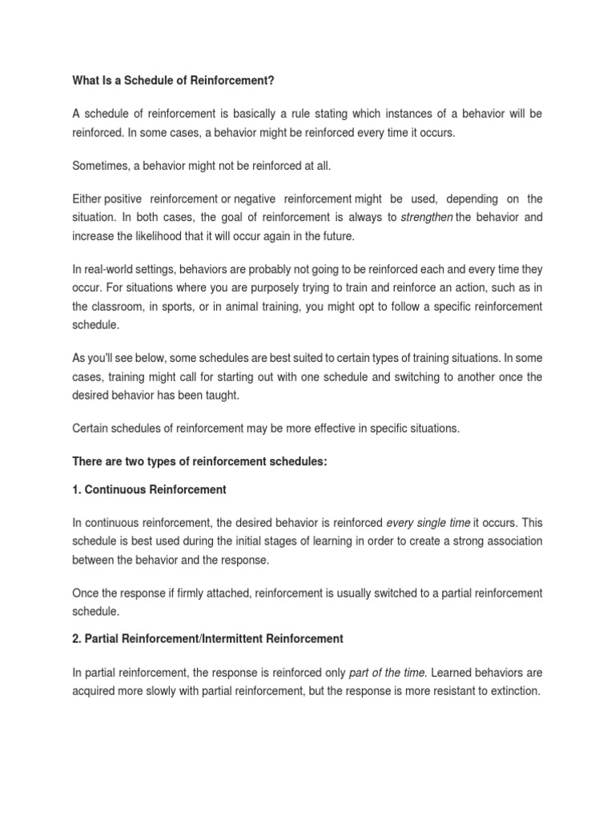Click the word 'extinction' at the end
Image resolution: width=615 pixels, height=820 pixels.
click(x=511, y=690)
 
